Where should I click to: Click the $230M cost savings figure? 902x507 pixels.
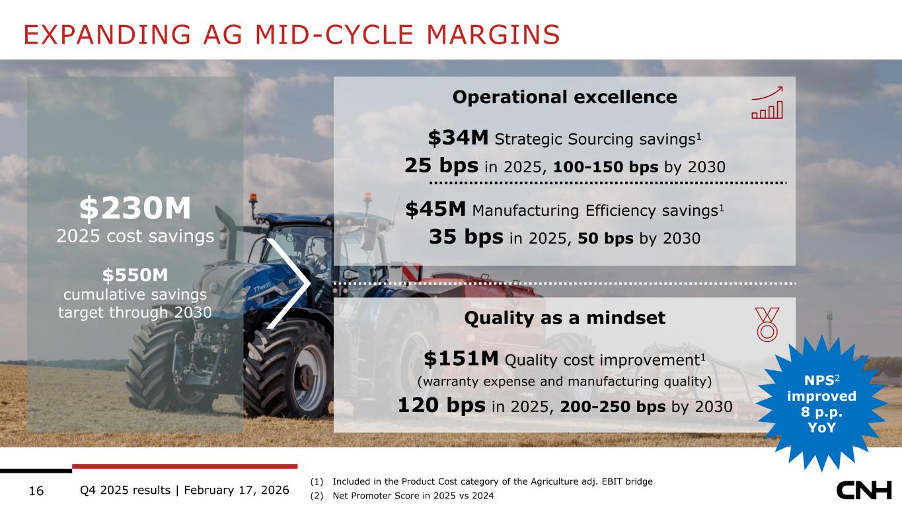click(x=135, y=208)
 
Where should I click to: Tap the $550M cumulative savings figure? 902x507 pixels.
click(x=135, y=275)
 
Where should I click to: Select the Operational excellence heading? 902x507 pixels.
click(x=564, y=97)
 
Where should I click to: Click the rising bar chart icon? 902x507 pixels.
click(x=767, y=102)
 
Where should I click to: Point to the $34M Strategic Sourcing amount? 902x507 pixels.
click(x=458, y=137)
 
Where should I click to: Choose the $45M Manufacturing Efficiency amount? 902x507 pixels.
click(x=435, y=209)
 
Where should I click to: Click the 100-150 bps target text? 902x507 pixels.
click(x=605, y=166)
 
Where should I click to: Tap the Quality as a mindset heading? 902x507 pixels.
click(x=564, y=318)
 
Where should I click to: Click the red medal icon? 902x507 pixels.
click(x=767, y=325)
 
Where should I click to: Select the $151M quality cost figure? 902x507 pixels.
click(x=461, y=358)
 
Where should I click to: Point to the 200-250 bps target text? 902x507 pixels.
click(x=613, y=407)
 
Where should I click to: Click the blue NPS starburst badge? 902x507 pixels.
click(x=821, y=403)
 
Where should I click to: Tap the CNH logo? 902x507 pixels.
click(x=864, y=490)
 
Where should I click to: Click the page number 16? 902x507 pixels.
click(x=36, y=491)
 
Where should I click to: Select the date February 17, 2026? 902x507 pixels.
click(x=237, y=490)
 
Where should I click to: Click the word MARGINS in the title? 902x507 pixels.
click(x=493, y=34)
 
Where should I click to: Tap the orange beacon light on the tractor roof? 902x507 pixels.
click(x=253, y=197)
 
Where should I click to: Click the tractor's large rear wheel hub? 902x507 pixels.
click(x=307, y=378)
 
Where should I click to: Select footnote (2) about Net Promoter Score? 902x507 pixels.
click(x=402, y=496)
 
